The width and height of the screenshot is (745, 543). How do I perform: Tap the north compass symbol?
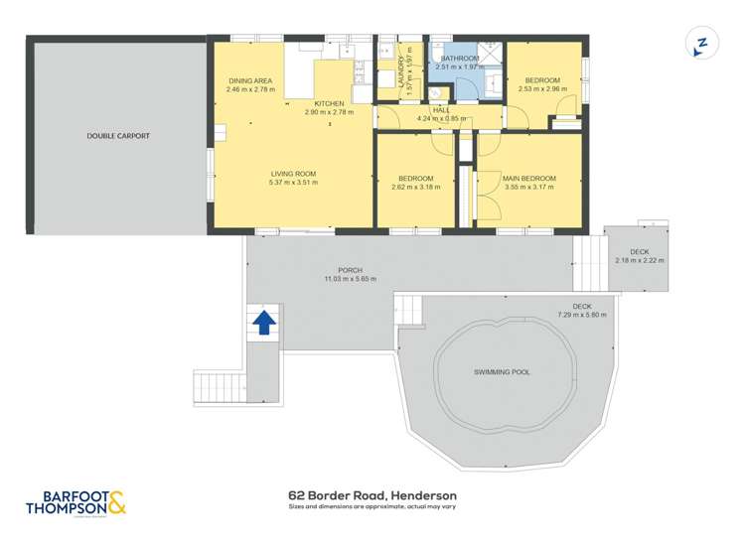(x=701, y=45)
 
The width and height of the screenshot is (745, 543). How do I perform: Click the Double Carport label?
(x=118, y=135)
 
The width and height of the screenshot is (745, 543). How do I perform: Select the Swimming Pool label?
(x=501, y=372)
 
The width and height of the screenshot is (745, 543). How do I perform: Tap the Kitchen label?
(x=329, y=103)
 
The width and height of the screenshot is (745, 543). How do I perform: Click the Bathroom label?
(x=461, y=59)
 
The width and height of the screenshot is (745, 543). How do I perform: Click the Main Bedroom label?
(x=529, y=178)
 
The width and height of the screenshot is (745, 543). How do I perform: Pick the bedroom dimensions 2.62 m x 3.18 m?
(x=415, y=187)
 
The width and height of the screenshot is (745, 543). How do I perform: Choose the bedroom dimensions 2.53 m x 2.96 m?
(x=542, y=88)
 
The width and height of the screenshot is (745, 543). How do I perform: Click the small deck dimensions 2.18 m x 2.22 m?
(x=640, y=260)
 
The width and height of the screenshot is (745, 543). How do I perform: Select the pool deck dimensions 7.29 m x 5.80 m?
(x=582, y=314)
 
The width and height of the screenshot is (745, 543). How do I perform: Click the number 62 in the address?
(x=295, y=495)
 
